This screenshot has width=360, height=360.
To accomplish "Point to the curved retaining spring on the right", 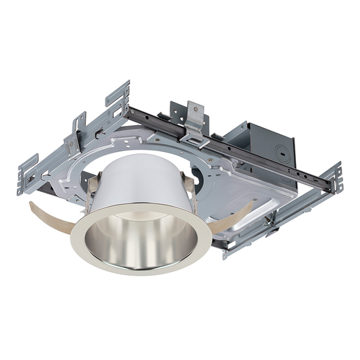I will [x=236, y=214].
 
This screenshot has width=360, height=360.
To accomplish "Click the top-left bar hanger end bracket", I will [x=117, y=94].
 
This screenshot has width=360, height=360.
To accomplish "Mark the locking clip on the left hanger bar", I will [x=74, y=141].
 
